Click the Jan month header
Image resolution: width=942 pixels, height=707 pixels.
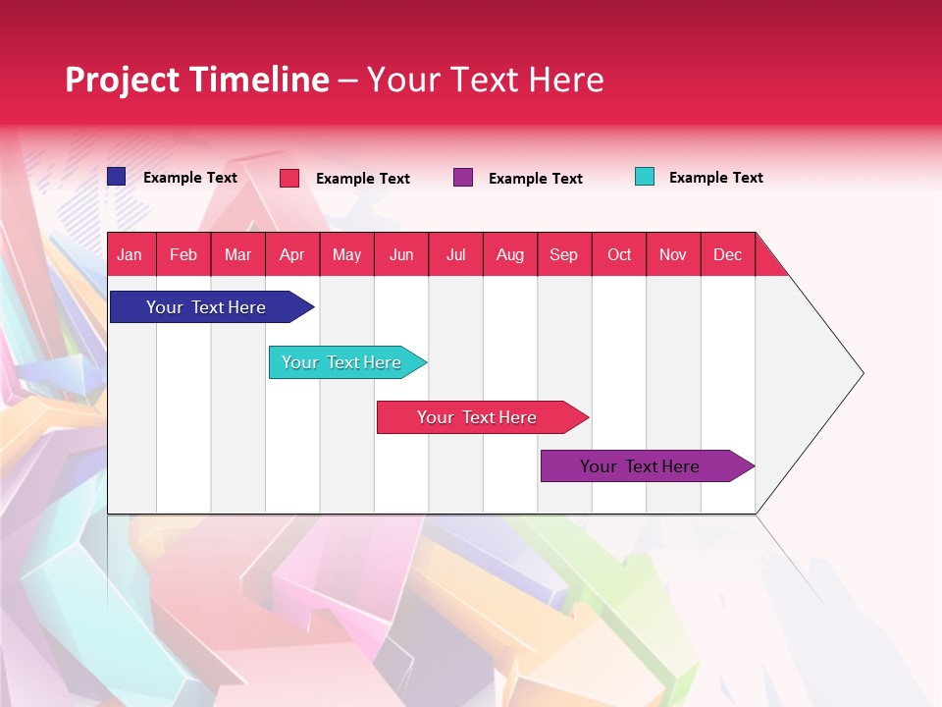(131, 254)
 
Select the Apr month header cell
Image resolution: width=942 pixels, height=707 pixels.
(292, 254)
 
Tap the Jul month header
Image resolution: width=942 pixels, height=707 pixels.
(455, 254)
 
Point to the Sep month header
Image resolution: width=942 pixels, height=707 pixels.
(564, 254)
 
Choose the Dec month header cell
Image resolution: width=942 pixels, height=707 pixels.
(727, 254)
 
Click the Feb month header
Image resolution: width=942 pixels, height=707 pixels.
(183, 254)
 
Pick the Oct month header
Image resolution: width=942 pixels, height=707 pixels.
(619, 254)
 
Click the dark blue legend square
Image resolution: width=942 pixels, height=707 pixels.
(117, 177)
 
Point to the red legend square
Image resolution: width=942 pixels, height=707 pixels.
(289, 178)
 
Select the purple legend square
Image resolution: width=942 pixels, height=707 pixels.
(463, 177)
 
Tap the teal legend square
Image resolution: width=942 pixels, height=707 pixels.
(645, 177)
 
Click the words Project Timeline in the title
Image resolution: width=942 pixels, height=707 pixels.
(197, 80)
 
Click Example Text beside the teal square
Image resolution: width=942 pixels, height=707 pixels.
(715, 178)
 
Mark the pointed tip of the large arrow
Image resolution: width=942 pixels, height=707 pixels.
(862, 373)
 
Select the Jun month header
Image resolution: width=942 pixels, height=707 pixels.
(401, 254)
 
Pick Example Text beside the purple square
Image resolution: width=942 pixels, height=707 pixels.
(535, 179)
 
